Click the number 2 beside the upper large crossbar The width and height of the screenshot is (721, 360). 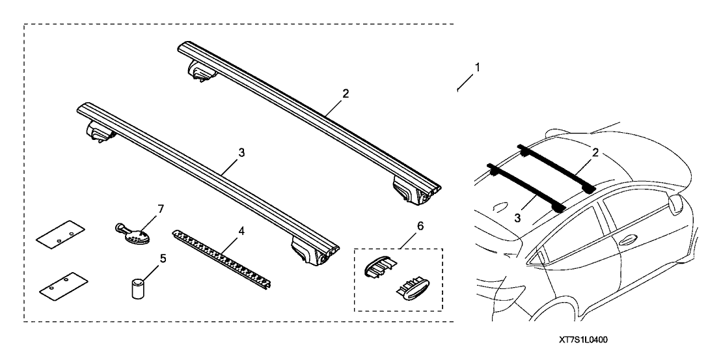(x=346, y=94)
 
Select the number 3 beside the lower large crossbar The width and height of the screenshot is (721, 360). (x=241, y=152)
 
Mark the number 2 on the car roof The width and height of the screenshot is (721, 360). (x=595, y=152)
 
